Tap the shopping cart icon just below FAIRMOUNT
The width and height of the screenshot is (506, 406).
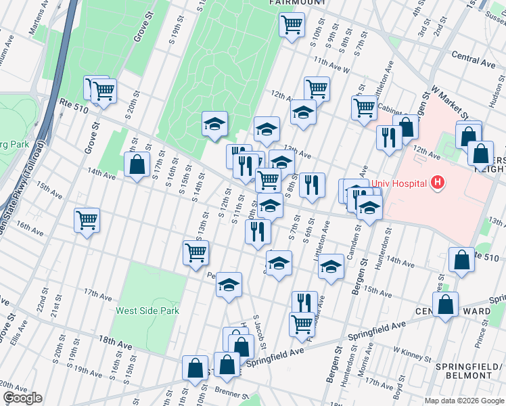coord(292,25)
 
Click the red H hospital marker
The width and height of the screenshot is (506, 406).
coord(438,182)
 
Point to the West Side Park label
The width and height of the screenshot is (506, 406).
coord(147,311)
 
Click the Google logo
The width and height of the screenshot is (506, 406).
coord(22,398)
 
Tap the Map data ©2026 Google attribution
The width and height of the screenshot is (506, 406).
coord(464,401)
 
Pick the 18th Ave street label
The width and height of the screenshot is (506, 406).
coord(115,344)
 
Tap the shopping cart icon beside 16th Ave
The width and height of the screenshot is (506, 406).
coord(87,221)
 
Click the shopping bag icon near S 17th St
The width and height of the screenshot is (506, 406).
coord(137,164)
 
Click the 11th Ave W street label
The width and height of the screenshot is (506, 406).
coord(331,66)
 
